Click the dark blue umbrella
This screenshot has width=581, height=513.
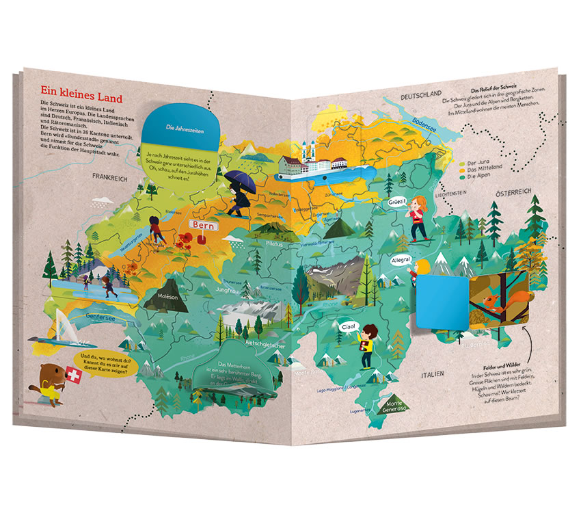[x=240, y=181]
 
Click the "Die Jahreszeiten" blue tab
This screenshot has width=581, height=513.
[x=180, y=127]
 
